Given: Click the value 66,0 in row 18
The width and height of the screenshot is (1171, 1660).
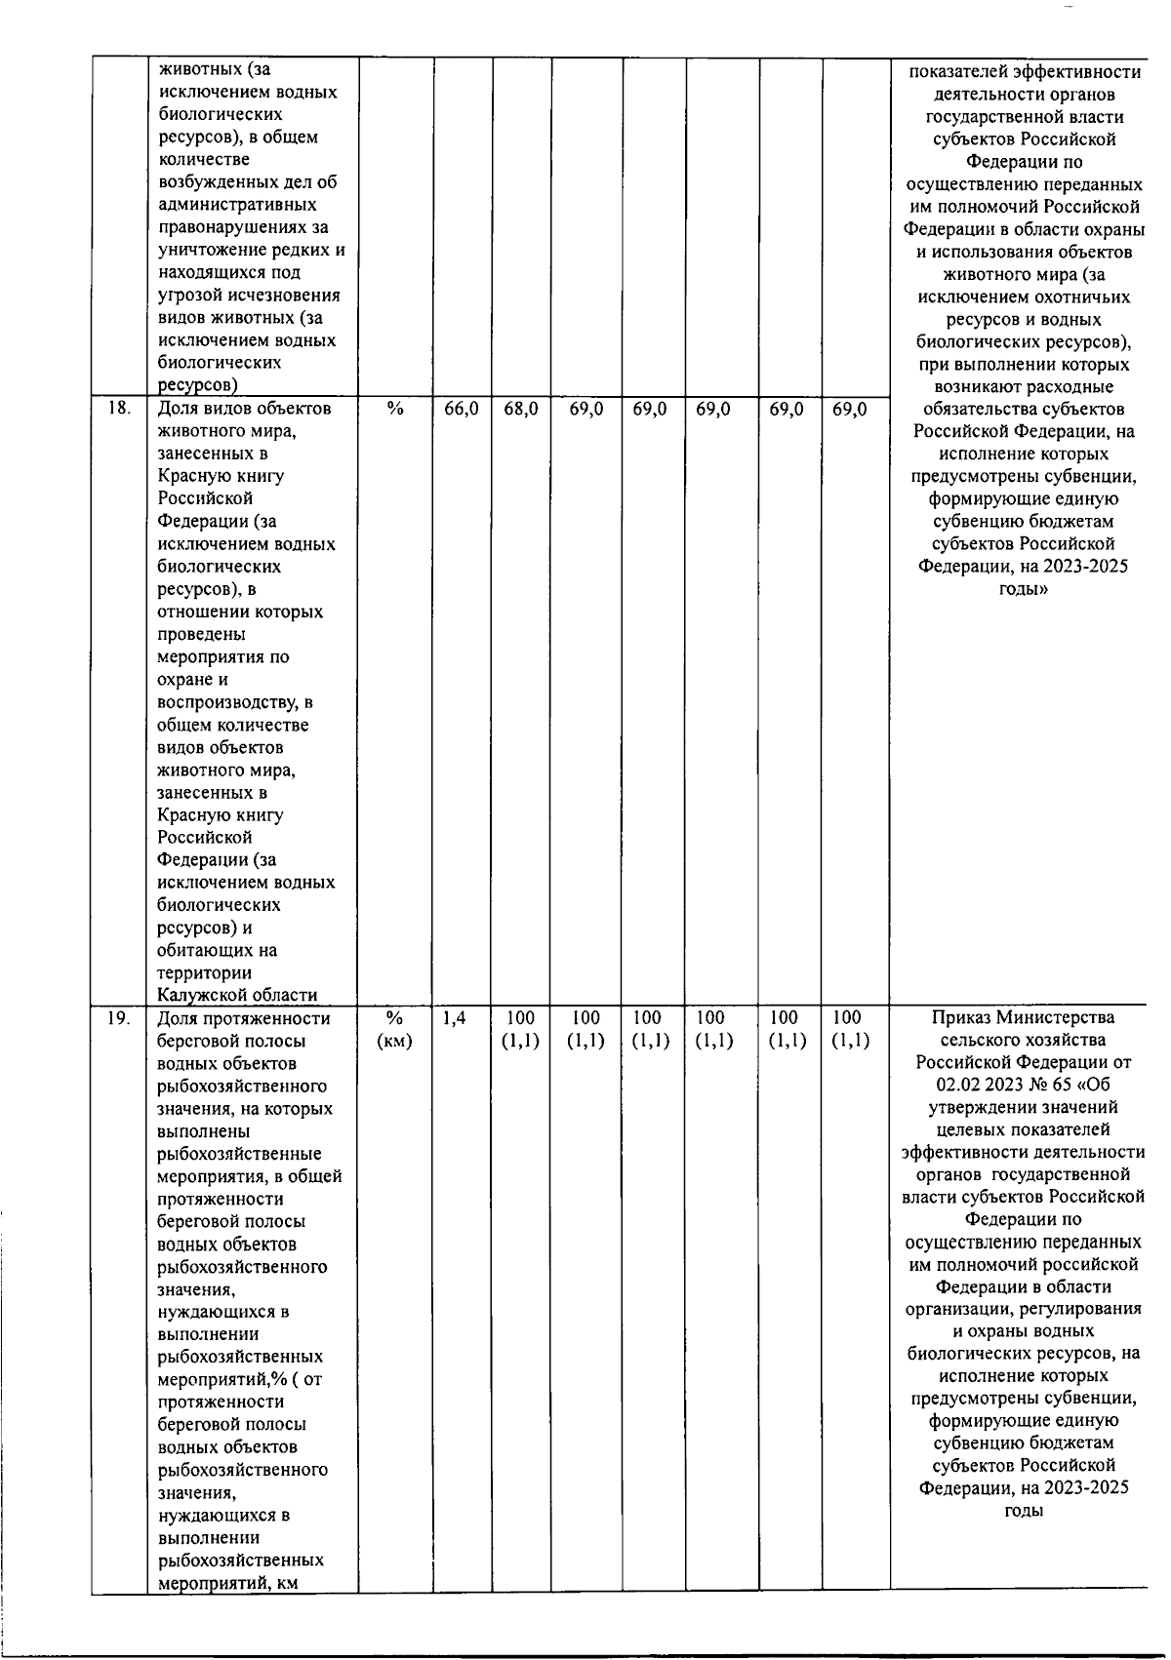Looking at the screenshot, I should (462, 410).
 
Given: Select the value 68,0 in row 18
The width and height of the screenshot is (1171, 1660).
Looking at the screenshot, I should (521, 410).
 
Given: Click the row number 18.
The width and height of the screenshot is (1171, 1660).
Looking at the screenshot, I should (118, 410).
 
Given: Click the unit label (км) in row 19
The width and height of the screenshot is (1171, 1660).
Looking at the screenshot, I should (394, 1042).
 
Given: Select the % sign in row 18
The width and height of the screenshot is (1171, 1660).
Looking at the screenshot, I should (394, 410).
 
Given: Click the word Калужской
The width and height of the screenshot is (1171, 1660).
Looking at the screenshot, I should (201, 996).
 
